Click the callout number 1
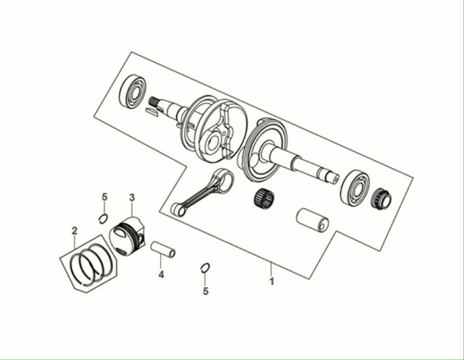[x=272, y=281]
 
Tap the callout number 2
[x=75, y=230]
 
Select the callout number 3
[x=132, y=198]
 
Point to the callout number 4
[x=161, y=275]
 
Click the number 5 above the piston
[x=104, y=197]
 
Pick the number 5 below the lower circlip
[x=206, y=291]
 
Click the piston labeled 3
[x=128, y=236]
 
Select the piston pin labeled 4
[x=163, y=250]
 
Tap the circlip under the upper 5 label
[x=103, y=219]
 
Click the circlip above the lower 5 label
[x=205, y=268]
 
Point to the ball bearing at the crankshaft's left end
[x=133, y=91]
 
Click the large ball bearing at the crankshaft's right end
[x=355, y=187]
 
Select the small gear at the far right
[x=381, y=198]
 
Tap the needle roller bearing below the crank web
[x=264, y=198]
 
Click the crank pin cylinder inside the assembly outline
[x=312, y=220]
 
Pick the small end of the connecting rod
[x=178, y=209]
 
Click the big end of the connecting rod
[x=224, y=178]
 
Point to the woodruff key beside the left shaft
[x=153, y=112]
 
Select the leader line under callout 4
[x=161, y=261]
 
